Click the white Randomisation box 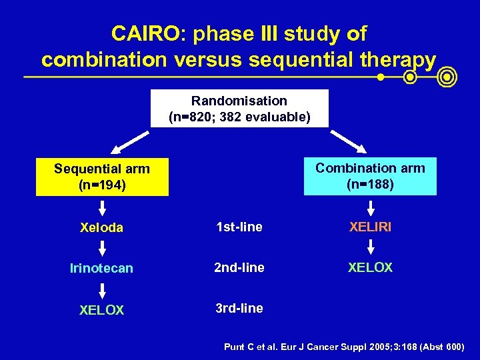pos(239,109)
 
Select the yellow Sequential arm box pos(102,177)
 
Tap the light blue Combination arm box pos(370,176)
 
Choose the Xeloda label pos(101,227)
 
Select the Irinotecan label pos(101,268)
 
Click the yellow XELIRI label pos(370,227)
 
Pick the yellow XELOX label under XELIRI pos(370,267)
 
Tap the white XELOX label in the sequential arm pos(101,310)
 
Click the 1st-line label pos(238,227)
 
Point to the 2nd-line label pos(239,267)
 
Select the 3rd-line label pos(238,308)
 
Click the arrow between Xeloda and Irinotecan pos(102,247)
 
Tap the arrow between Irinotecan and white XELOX pos(102,289)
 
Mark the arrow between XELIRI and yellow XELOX pos(370,247)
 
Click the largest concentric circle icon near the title pos(447,78)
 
